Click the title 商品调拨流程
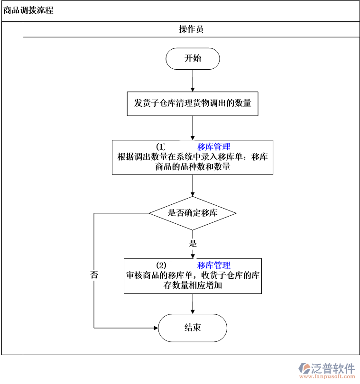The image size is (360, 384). (28, 10)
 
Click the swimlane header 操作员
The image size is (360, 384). (191, 29)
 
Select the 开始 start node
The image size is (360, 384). (193, 58)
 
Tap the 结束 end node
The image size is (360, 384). (193, 328)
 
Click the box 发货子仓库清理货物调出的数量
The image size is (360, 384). (193, 103)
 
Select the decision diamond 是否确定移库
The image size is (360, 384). (193, 213)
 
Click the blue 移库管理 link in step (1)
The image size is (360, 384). (214, 147)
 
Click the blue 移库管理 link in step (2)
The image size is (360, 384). (214, 265)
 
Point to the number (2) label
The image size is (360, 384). (161, 265)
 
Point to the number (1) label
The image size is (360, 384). (161, 147)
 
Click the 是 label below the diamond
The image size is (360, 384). (193, 244)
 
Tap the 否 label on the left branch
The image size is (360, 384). (94, 275)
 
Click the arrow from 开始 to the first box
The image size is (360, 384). (193, 81)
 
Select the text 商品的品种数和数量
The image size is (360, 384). (193, 167)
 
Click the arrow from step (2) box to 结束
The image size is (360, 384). (193, 304)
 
